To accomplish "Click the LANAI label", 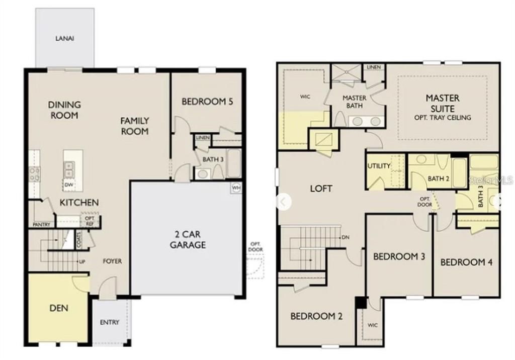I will pos(65,38).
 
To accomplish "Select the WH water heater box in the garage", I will pos(236,188).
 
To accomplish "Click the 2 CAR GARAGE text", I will pos(187,240).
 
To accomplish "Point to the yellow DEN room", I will pos(59,308).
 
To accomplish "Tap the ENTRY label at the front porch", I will pos(110,322).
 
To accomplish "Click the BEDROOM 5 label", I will pos(207,102).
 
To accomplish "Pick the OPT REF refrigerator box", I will pos(90,220).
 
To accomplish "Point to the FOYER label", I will pos(113,261).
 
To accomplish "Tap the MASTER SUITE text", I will pos(443,103).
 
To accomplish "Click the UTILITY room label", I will pos(379,166).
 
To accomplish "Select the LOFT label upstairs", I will pos(321,189).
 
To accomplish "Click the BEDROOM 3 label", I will pos(399,256).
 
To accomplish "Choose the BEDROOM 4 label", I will pos(466,262).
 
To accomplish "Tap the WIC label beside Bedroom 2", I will pos(372,325).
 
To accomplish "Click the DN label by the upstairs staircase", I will pos(346,237).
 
